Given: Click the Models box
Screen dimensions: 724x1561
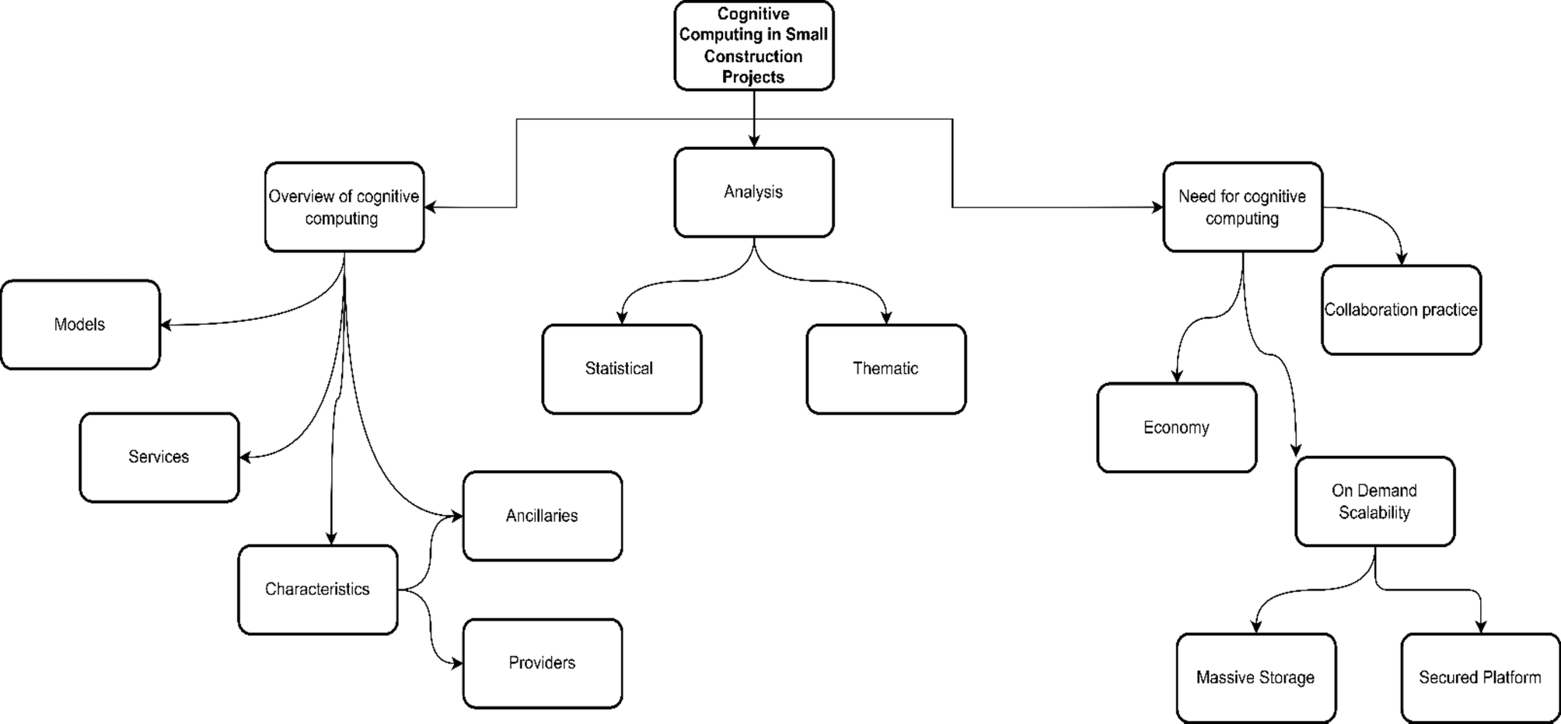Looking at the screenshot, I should click(x=80, y=325).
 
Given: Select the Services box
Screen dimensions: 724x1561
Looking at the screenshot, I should click(x=159, y=457).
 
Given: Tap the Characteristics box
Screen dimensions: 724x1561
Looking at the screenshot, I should click(x=317, y=590).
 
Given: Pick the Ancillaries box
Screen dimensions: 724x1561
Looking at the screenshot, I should click(x=542, y=516).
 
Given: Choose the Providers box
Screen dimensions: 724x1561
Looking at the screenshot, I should click(x=542, y=663).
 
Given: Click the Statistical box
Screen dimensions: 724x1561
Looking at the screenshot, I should click(x=621, y=369).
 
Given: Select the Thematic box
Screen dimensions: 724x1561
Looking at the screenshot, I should click(x=885, y=369).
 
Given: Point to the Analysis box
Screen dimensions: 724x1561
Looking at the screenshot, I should click(x=753, y=192).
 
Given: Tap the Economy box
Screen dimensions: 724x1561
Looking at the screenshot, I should click(x=1176, y=427).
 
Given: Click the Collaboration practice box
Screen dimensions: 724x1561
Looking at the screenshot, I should click(x=1401, y=310).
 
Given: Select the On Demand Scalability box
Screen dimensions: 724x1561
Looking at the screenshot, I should click(x=1374, y=501).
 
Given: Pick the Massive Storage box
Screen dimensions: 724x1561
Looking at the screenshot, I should click(x=1255, y=677).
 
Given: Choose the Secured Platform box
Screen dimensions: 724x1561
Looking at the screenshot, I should click(x=1480, y=677).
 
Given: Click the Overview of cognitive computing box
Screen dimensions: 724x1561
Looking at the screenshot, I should click(x=344, y=207).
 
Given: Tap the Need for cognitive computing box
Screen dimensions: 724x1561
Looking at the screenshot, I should click(x=1242, y=207).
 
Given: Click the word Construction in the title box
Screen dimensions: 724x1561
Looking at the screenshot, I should click(x=753, y=56).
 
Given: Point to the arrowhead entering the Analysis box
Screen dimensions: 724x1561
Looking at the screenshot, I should click(x=754, y=141).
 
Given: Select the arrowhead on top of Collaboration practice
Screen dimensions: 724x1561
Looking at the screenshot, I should click(x=1402, y=259).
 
